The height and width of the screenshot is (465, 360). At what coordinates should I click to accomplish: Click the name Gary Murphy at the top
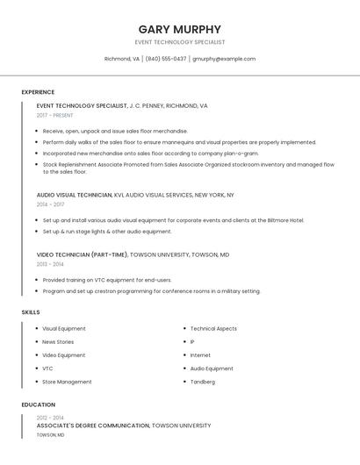(179, 29)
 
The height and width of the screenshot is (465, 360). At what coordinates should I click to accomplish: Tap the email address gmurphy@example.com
(224, 59)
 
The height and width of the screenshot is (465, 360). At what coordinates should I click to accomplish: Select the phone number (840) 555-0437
(166, 59)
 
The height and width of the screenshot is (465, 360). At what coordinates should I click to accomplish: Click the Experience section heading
(38, 92)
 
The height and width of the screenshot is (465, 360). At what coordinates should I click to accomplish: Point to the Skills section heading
(31, 312)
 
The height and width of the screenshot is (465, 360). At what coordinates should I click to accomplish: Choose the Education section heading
(38, 404)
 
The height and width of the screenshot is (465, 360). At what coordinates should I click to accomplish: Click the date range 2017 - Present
(55, 115)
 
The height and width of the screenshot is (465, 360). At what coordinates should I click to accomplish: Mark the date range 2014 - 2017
(51, 204)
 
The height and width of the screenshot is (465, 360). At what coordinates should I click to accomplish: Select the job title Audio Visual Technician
(75, 195)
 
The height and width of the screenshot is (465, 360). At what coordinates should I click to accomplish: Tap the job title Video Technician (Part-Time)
(83, 254)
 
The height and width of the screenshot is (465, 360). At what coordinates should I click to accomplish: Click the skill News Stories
(58, 342)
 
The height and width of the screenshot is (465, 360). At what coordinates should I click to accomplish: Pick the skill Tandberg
(203, 382)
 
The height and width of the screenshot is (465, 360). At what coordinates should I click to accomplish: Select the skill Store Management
(67, 382)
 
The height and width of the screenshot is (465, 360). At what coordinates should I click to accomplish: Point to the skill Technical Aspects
(213, 329)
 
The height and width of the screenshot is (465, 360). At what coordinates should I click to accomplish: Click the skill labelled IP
(192, 342)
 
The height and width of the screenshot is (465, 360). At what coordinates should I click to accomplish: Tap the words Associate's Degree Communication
(93, 426)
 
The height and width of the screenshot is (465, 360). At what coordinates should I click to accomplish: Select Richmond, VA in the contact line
(121, 59)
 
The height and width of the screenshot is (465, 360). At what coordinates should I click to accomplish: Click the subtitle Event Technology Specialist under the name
(179, 42)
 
